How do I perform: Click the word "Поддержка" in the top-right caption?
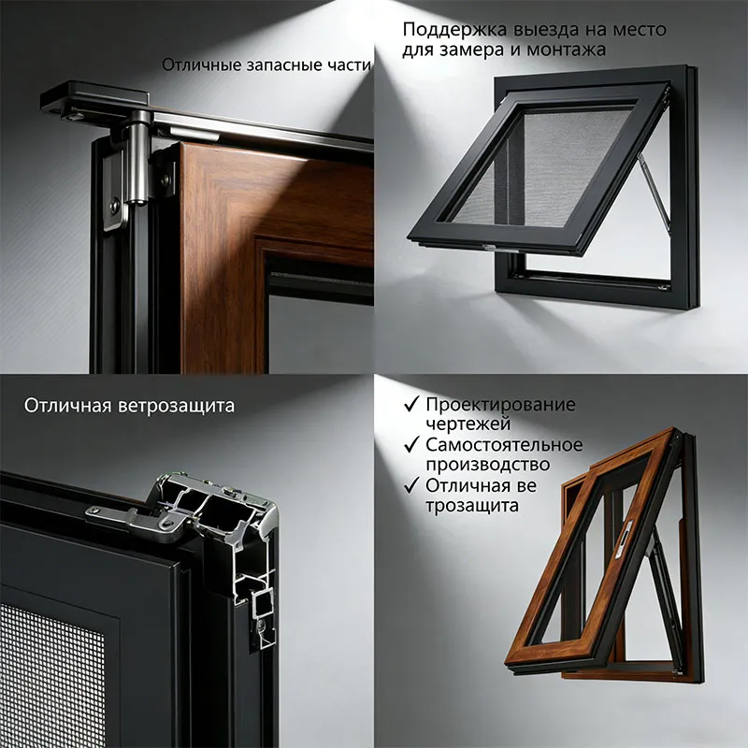pyautogui.click(x=454, y=30)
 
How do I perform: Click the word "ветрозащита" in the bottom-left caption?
pyautogui.click(x=176, y=406)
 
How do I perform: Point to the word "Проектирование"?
pyautogui.click(x=501, y=405)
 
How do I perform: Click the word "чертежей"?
pyautogui.click(x=468, y=424)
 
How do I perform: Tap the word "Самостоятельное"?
pyautogui.click(x=504, y=445)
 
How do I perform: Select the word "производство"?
pyautogui.click(x=488, y=465)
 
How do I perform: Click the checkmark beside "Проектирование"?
pyautogui.click(x=411, y=404)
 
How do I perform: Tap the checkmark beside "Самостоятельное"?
pyautogui.click(x=411, y=444)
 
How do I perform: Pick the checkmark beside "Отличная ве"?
pyautogui.click(x=411, y=485)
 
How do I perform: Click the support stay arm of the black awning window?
pyautogui.click(x=654, y=189)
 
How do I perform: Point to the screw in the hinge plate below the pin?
pyautogui.click(x=115, y=206)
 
